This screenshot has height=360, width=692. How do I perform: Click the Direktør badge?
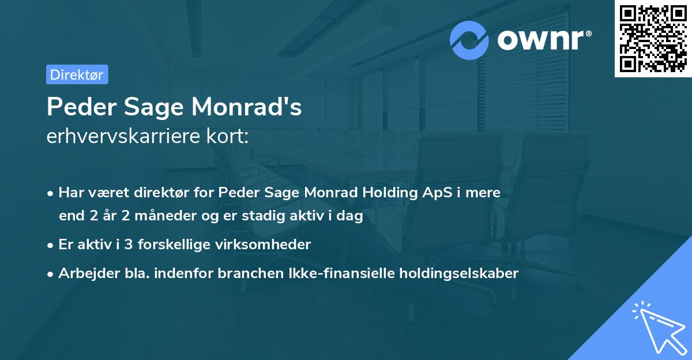tap(77, 74)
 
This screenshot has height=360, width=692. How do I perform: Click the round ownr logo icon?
tap(469, 40)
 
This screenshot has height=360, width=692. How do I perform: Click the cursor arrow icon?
tap(659, 328)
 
